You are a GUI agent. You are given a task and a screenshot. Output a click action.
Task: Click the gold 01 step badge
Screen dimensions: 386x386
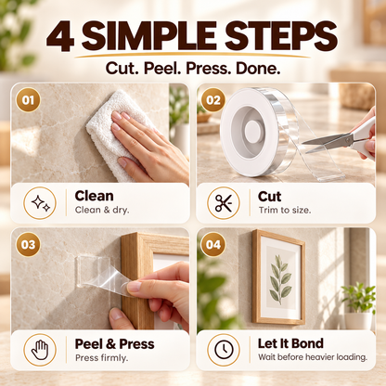point(28,100)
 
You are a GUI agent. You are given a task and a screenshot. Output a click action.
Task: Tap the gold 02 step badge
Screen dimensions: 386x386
point(213,100)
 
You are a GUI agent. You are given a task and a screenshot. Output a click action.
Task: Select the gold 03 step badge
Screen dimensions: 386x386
point(28,245)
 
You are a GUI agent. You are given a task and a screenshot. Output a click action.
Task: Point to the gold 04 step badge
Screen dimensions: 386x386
point(213,245)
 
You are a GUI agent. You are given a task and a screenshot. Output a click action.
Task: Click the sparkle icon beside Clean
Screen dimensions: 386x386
point(40,203)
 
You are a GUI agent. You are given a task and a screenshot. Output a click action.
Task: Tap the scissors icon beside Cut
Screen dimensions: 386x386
point(224,203)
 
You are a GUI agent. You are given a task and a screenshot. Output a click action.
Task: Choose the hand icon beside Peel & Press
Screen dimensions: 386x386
point(40,350)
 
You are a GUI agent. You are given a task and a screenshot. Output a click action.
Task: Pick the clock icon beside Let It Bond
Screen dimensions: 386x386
point(224,350)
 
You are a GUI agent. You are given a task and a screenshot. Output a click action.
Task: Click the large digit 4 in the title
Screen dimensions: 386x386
point(60,36)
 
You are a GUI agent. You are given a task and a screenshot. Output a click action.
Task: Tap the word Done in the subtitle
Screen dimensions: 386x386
point(258,69)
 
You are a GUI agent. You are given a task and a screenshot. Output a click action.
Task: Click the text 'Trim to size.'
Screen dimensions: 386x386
point(285,211)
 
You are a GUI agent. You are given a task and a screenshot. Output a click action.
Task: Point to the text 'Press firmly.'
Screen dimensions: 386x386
point(101,358)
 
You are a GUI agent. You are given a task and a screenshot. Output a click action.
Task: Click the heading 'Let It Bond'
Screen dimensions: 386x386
point(290,343)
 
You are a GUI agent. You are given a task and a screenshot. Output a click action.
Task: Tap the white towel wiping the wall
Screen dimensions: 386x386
point(119,133)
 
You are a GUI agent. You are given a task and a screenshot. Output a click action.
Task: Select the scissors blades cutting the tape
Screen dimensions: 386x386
point(328,144)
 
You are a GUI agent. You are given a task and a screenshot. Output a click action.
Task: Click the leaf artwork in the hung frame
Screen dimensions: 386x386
point(280,279)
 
